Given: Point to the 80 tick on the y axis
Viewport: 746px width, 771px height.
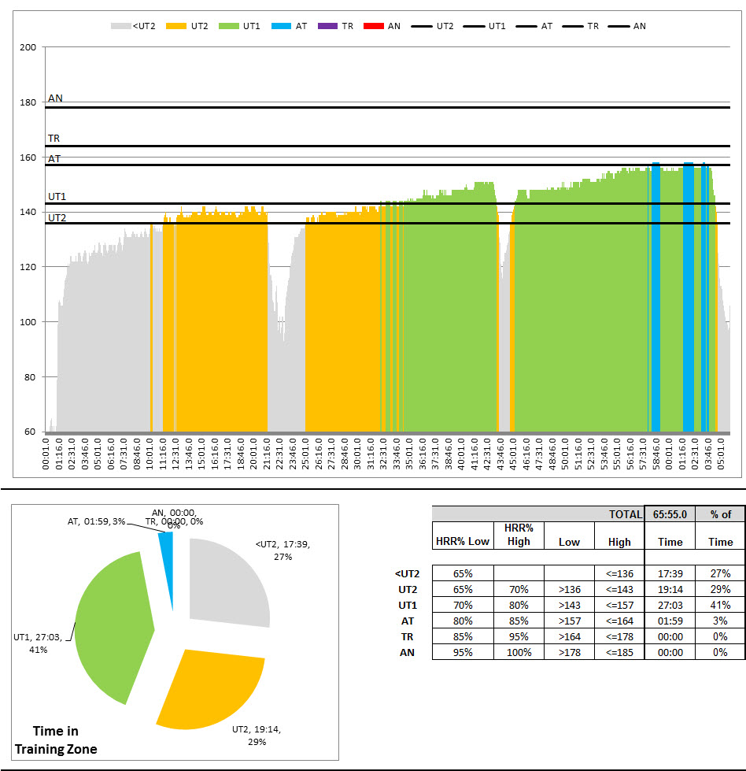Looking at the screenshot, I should point(29,377).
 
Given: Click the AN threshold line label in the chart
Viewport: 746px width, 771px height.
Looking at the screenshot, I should point(55,98).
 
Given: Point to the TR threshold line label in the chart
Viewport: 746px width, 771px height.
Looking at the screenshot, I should point(54,139).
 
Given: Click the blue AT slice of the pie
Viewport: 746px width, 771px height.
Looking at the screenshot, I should point(165,544).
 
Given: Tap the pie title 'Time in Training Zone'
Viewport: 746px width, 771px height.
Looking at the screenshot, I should point(57,740).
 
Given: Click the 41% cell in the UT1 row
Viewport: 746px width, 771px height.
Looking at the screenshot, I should point(719,605).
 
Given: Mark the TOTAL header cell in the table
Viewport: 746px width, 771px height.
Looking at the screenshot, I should point(625,514).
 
